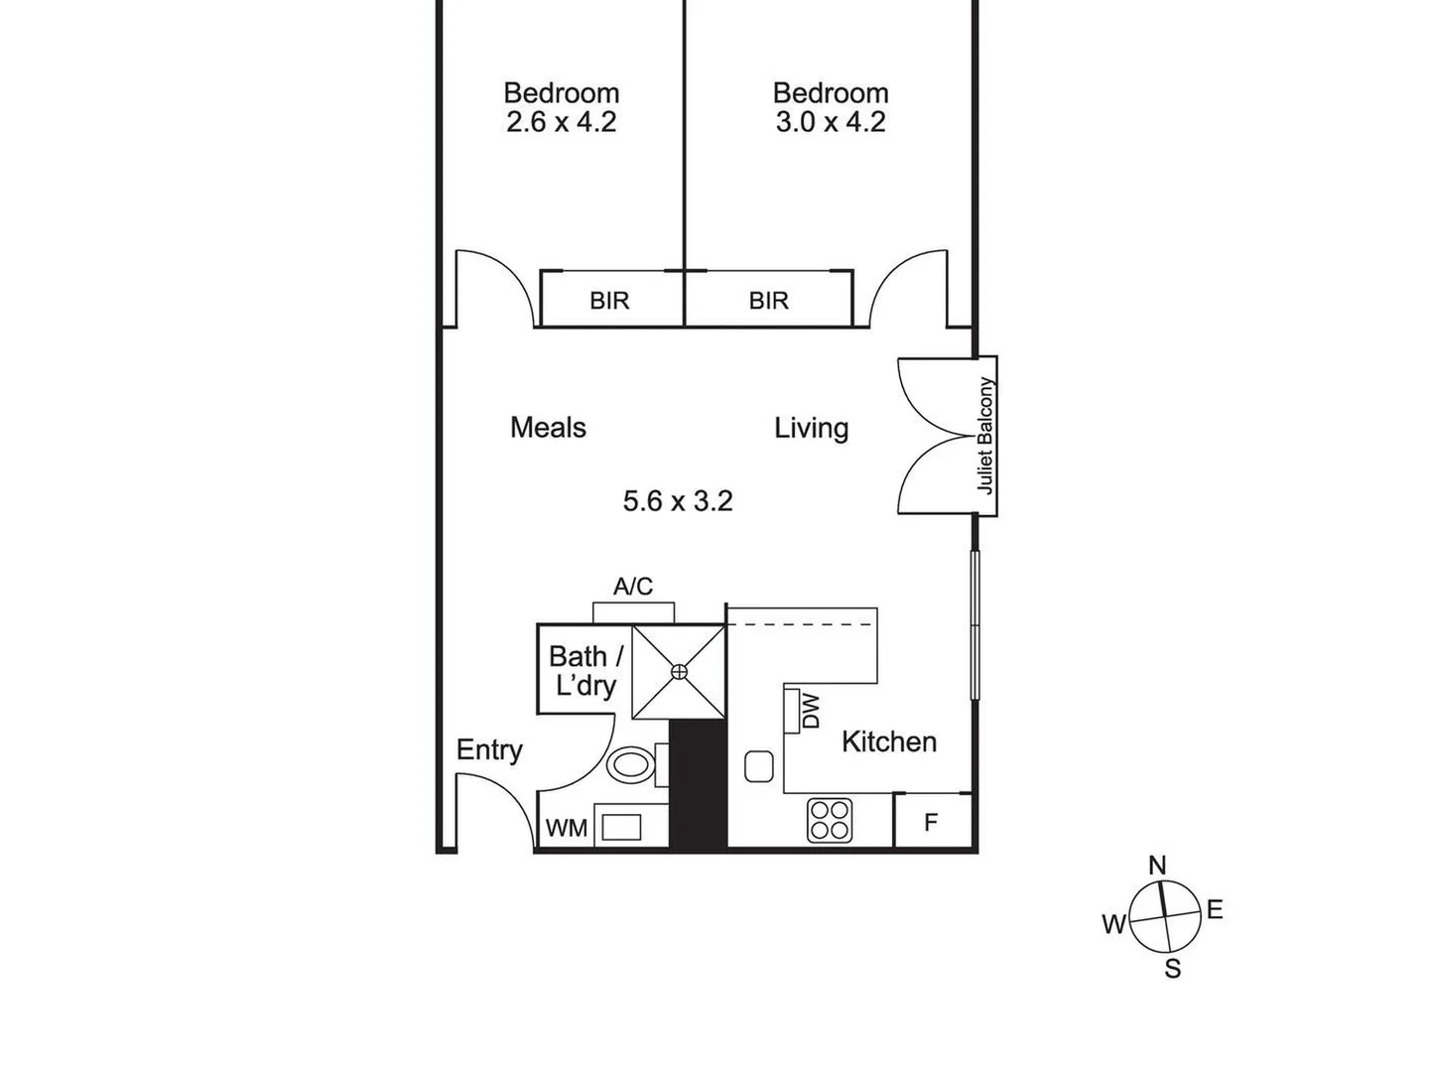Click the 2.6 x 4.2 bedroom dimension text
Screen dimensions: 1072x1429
tap(561, 122)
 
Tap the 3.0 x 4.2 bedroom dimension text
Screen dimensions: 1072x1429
tap(830, 122)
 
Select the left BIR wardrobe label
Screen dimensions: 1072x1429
tap(609, 301)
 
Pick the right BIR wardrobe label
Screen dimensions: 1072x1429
tap(768, 301)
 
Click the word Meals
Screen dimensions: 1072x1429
tap(548, 428)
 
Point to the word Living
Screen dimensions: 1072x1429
tap(811, 429)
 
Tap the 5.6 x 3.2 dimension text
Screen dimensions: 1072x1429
tap(678, 501)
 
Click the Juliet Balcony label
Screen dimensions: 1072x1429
tap(985, 435)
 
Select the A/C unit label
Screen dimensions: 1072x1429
tap(633, 587)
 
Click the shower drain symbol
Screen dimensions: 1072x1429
tap(679, 672)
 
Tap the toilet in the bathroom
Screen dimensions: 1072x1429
tap(630, 765)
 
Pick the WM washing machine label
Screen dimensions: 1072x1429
tap(567, 828)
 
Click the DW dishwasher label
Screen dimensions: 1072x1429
tap(811, 711)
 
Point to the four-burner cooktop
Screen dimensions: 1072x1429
tap(830, 820)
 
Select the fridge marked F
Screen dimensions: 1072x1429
tap(931, 823)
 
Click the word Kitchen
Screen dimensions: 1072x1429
tap(888, 741)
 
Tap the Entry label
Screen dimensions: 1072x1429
tap(489, 750)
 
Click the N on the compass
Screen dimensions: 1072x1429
tap(1157, 866)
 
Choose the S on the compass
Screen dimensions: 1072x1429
tap(1173, 969)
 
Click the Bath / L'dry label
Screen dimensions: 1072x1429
tap(585, 671)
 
